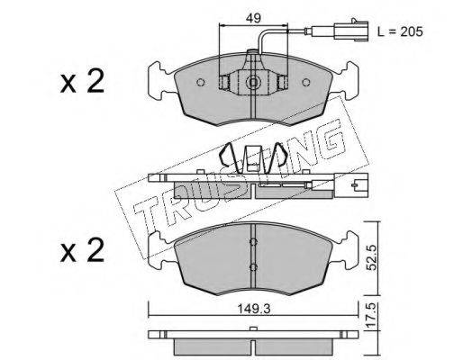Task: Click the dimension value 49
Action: pyautogui.click(x=252, y=18)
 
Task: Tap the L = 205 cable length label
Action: pyautogui.click(x=400, y=31)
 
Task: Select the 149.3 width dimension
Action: pyautogui.click(x=254, y=309)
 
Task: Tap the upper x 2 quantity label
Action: pyautogui.click(x=82, y=81)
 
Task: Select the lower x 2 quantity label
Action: pyautogui.click(x=82, y=250)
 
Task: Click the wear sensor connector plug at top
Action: pyautogui.click(x=349, y=30)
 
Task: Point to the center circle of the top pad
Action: pyautogui.click(x=254, y=82)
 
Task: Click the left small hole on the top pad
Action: pyautogui.click(x=200, y=83)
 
